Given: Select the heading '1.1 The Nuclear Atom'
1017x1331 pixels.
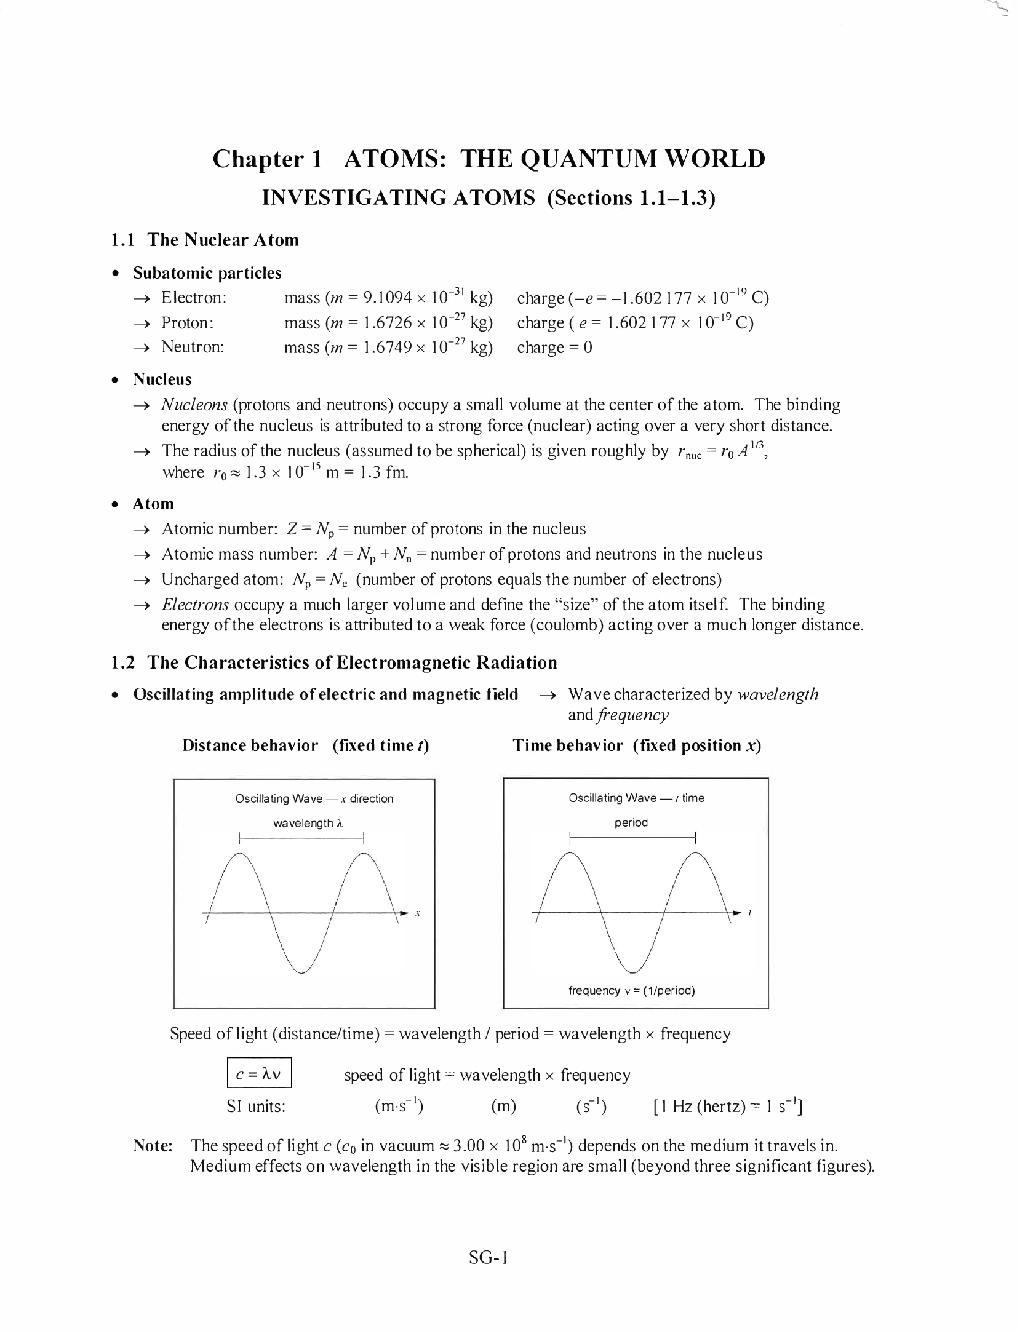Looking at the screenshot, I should coord(205,240).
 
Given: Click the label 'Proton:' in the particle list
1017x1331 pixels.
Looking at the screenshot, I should coord(187,323).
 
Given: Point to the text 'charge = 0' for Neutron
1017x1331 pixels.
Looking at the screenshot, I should coord(554,348).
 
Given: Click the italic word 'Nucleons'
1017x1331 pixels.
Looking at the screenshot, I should coord(194,405).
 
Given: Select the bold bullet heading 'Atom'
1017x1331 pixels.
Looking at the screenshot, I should coord(153,504).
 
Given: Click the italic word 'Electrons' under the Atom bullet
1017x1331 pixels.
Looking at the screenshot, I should coord(195,605).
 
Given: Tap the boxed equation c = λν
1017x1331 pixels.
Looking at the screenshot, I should coord(258,1075).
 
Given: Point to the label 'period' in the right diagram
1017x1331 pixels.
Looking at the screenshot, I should coord(631,822).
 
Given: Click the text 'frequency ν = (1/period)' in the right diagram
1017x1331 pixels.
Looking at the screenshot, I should coord(631,990).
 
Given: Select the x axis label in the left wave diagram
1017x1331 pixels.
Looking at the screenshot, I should coord(417,913).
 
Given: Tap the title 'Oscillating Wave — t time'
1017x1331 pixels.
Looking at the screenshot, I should coord(636,798).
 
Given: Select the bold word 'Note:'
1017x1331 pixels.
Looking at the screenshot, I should coord(153,1145).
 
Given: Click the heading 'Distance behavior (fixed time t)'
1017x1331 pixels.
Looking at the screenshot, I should coord(305,745).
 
